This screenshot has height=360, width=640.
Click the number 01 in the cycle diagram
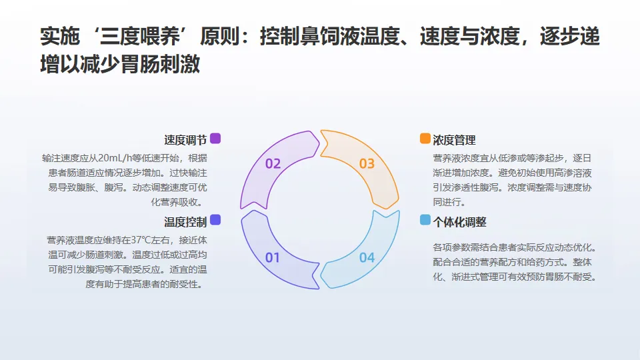pos(273,257)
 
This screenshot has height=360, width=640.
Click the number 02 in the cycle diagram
pos(273,163)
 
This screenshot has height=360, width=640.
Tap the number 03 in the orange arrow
pos(367,163)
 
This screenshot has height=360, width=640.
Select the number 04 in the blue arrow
pos(367,257)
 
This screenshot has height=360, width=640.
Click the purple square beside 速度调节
pos(215,139)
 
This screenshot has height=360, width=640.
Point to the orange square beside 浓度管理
pos(425,139)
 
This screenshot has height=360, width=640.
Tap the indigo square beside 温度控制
pos(215,220)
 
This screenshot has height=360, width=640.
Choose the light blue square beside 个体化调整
pos(425,220)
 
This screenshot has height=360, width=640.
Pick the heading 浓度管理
pos(454,140)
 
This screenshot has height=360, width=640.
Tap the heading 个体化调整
pos(459,221)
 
